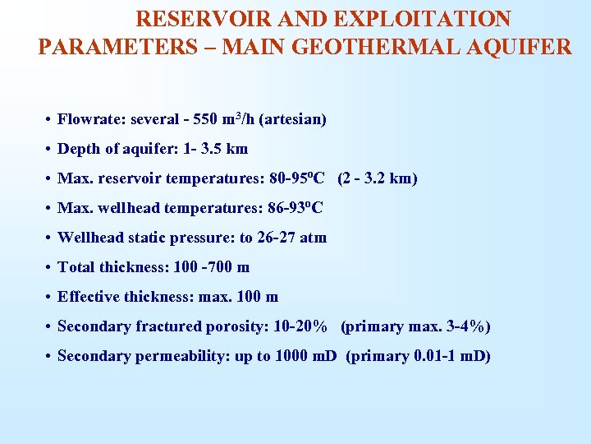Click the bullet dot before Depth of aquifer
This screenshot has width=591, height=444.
click(x=49, y=150)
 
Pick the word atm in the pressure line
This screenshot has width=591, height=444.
click(x=313, y=238)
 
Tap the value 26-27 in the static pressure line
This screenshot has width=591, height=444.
click(x=277, y=238)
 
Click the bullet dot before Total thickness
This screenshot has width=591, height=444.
click(x=49, y=268)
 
